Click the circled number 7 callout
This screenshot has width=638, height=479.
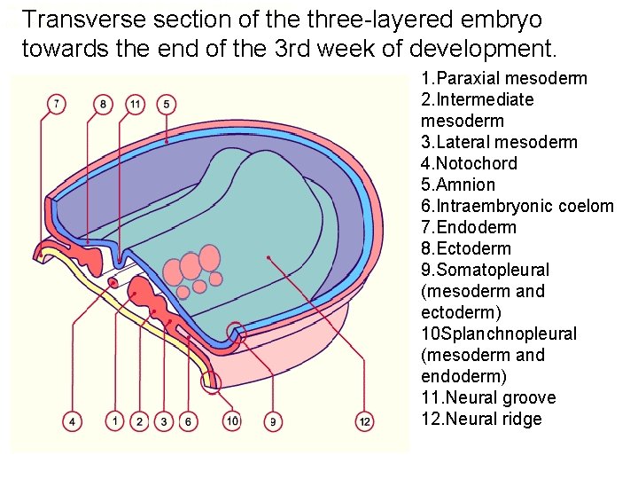tap(57, 105)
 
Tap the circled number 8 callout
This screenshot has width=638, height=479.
tap(104, 105)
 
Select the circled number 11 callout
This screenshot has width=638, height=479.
tap(135, 105)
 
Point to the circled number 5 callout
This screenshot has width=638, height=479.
tap(167, 105)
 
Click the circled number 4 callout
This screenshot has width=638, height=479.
tap(73, 420)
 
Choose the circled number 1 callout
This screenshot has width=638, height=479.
tap(114, 420)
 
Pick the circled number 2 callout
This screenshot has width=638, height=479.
tap(139, 421)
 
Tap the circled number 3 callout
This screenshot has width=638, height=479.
tap(163, 421)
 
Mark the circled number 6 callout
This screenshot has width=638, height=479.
tap(187, 421)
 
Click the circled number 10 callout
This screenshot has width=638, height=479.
tap(231, 420)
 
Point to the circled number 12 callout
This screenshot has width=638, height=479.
tap(364, 420)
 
